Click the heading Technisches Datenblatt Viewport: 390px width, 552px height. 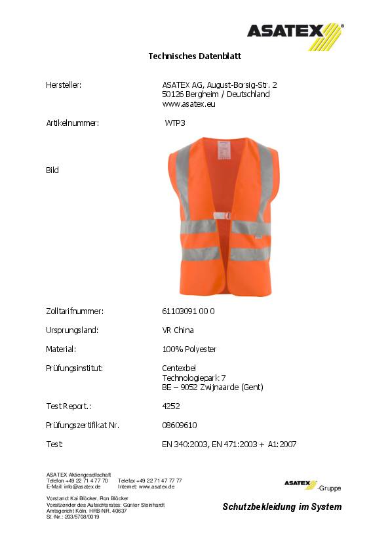(x=195, y=56)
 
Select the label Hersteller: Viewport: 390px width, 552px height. (x=64, y=85)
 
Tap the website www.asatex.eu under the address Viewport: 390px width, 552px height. (x=189, y=104)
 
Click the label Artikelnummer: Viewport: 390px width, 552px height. (x=72, y=123)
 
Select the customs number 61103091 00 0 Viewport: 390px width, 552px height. (x=188, y=311)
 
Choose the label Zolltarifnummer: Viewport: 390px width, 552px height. (x=75, y=311)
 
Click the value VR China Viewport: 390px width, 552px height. (x=178, y=330)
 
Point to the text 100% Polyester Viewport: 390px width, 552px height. (x=189, y=349)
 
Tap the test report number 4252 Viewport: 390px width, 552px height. (x=170, y=406)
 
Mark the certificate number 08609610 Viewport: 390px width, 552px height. (x=179, y=425)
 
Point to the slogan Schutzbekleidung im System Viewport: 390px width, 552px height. (x=282, y=507)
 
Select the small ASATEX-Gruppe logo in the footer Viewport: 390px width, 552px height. (x=312, y=485)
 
